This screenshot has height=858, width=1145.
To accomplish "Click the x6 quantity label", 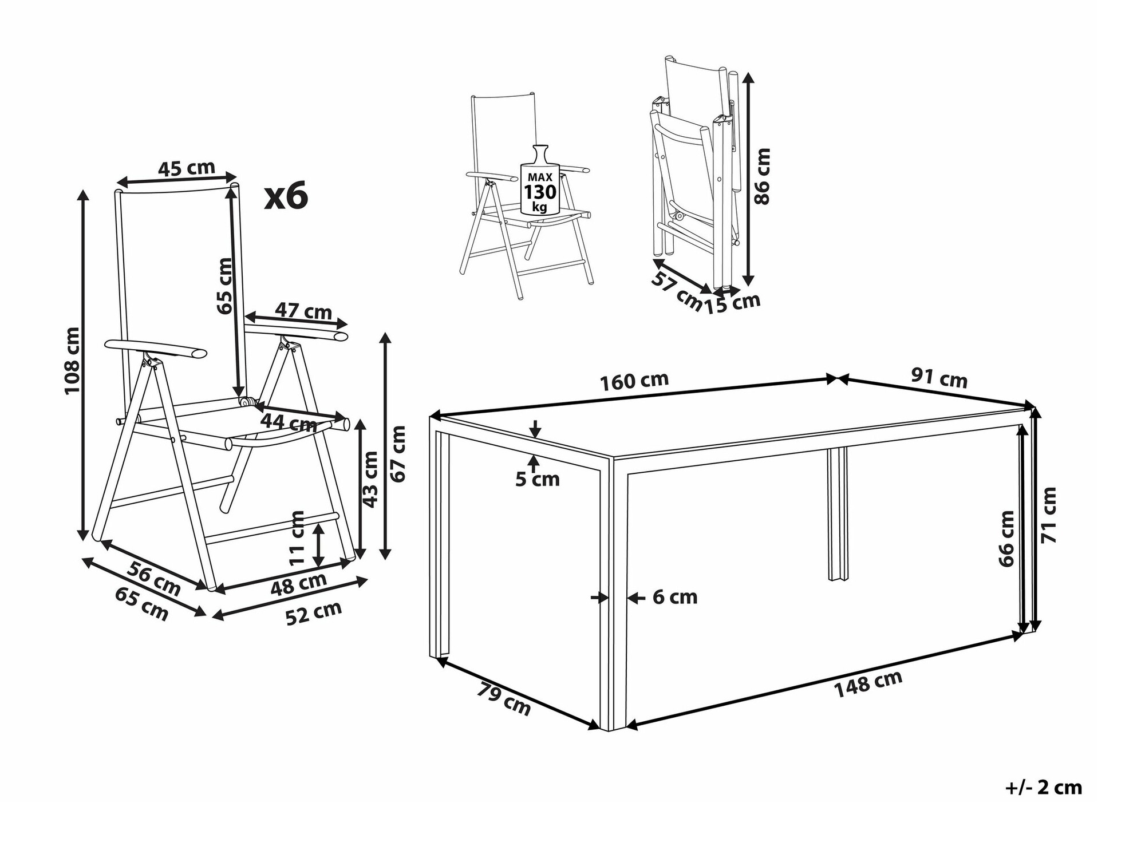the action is pyautogui.click(x=286, y=196).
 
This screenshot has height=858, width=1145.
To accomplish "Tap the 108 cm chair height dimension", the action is pyautogui.click(x=72, y=361).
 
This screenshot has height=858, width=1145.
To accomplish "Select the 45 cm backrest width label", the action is pyautogui.click(x=187, y=168).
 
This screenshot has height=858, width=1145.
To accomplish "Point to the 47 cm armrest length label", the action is pyautogui.click(x=303, y=311).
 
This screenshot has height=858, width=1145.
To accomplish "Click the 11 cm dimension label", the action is pyautogui.click(x=297, y=538).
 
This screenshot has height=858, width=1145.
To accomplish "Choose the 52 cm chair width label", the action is pyautogui.click(x=313, y=614).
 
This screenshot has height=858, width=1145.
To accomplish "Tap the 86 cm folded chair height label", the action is pyautogui.click(x=763, y=176).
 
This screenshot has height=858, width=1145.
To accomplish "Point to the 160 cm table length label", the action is pyautogui.click(x=634, y=381).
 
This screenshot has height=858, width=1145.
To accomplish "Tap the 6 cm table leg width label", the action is pyautogui.click(x=675, y=598).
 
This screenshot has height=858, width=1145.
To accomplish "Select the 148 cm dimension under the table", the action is pyautogui.click(x=868, y=683).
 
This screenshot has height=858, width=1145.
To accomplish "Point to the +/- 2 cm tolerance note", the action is pyautogui.click(x=1044, y=788).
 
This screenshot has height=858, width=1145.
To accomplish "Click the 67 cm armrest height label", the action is pyautogui.click(x=397, y=453).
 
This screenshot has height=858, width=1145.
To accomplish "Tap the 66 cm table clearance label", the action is pyautogui.click(x=1006, y=539).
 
